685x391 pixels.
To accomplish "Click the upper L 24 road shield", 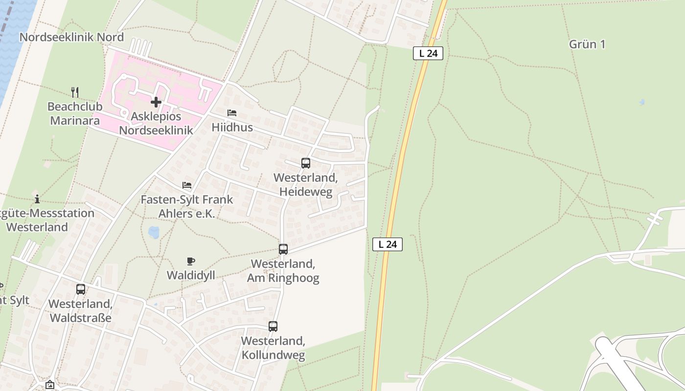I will [x=428, y=53].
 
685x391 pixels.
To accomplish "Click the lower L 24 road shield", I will [x=388, y=244].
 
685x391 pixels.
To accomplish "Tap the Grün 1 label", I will [x=587, y=44].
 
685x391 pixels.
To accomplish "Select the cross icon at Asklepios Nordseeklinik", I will [x=156, y=102].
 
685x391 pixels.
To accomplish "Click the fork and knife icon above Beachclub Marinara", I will [x=75, y=92].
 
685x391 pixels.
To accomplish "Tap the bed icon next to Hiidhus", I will [x=232, y=113].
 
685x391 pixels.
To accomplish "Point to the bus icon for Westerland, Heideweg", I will [x=306, y=163].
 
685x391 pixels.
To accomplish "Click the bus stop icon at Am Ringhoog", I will [x=283, y=249].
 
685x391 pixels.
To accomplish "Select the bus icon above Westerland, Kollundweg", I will [x=273, y=326].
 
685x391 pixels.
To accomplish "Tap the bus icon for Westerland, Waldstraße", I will [x=81, y=289].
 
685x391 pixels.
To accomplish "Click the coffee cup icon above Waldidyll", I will [x=191, y=261].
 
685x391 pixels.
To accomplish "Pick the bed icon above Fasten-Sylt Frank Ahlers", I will [x=187, y=185].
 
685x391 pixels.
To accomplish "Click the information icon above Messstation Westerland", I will [x=37, y=199].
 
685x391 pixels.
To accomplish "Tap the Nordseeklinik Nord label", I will [x=71, y=37].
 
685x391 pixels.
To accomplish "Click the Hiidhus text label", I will [x=232, y=128].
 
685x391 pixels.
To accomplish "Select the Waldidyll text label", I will [x=191, y=275].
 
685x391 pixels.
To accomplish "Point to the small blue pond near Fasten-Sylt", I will [x=154, y=232].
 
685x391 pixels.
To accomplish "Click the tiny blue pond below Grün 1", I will [x=641, y=102].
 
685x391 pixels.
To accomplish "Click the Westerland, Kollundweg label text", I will [x=273, y=348].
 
